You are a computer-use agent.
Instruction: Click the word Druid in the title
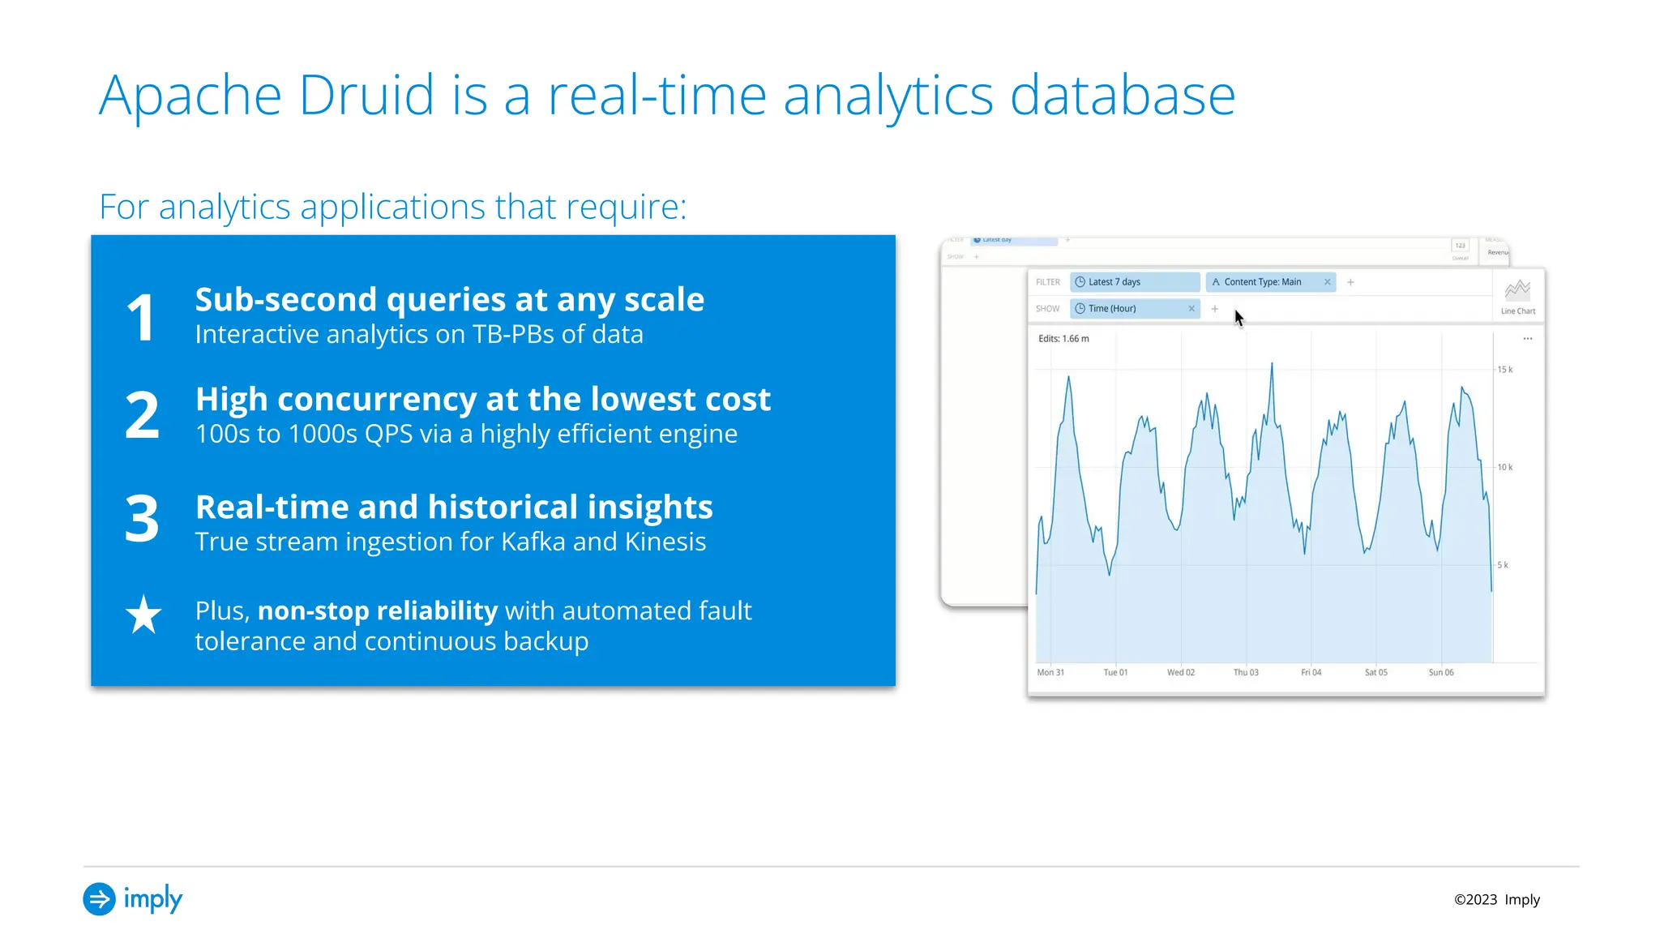point(366,96)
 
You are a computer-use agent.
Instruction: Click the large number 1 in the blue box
point(141,318)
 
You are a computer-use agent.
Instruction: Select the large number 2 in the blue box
point(142,415)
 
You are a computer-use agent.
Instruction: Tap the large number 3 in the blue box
point(142,518)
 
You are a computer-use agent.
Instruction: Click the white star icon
point(143,615)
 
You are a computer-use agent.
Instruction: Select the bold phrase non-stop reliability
point(377,611)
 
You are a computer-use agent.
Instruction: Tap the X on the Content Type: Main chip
point(1327,282)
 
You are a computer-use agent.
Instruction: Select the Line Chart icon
point(1517,291)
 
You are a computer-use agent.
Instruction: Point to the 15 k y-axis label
point(1504,370)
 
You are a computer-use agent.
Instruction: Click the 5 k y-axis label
point(1503,565)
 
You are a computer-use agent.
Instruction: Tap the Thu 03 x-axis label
point(1246,672)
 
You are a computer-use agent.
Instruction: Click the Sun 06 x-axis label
point(1440,672)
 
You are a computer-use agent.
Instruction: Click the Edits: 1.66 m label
point(1063,339)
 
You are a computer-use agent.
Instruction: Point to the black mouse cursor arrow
point(1239,317)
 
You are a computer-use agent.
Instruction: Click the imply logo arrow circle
point(99,899)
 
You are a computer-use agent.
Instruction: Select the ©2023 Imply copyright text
point(1496,900)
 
